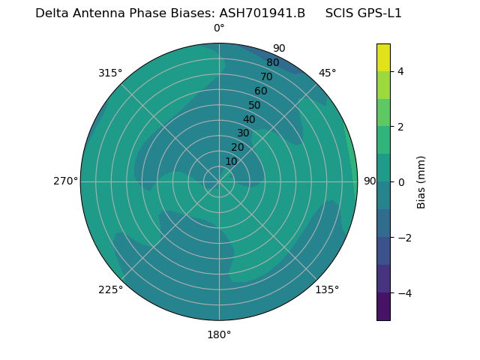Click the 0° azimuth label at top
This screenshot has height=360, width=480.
click(219, 28)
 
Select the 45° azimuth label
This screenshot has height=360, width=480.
click(328, 73)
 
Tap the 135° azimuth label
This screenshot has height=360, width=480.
click(327, 289)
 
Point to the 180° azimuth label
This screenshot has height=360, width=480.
click(219, 334)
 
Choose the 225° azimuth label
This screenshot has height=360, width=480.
click(110, 290)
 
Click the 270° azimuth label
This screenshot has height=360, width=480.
click(65, 181)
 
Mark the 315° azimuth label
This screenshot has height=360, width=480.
click(110, 73)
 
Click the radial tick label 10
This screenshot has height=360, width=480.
click(231, 161)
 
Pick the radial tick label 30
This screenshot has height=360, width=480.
click(243, 133)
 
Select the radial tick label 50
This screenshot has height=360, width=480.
click(255, 105)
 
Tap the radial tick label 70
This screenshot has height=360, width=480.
click(266, 76)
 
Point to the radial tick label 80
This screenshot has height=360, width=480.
click(272, 62)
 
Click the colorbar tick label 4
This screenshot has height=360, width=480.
click(401, 71)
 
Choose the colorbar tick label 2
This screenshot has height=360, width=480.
click(401, 127)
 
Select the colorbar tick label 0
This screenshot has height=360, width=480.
click(401, 182)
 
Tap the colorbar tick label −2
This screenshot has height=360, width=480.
click(404, 238)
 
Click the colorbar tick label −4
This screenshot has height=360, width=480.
click(404, 293)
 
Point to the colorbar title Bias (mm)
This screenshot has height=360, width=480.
click(421, 182)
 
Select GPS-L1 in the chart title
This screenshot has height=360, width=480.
click(379, 13)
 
